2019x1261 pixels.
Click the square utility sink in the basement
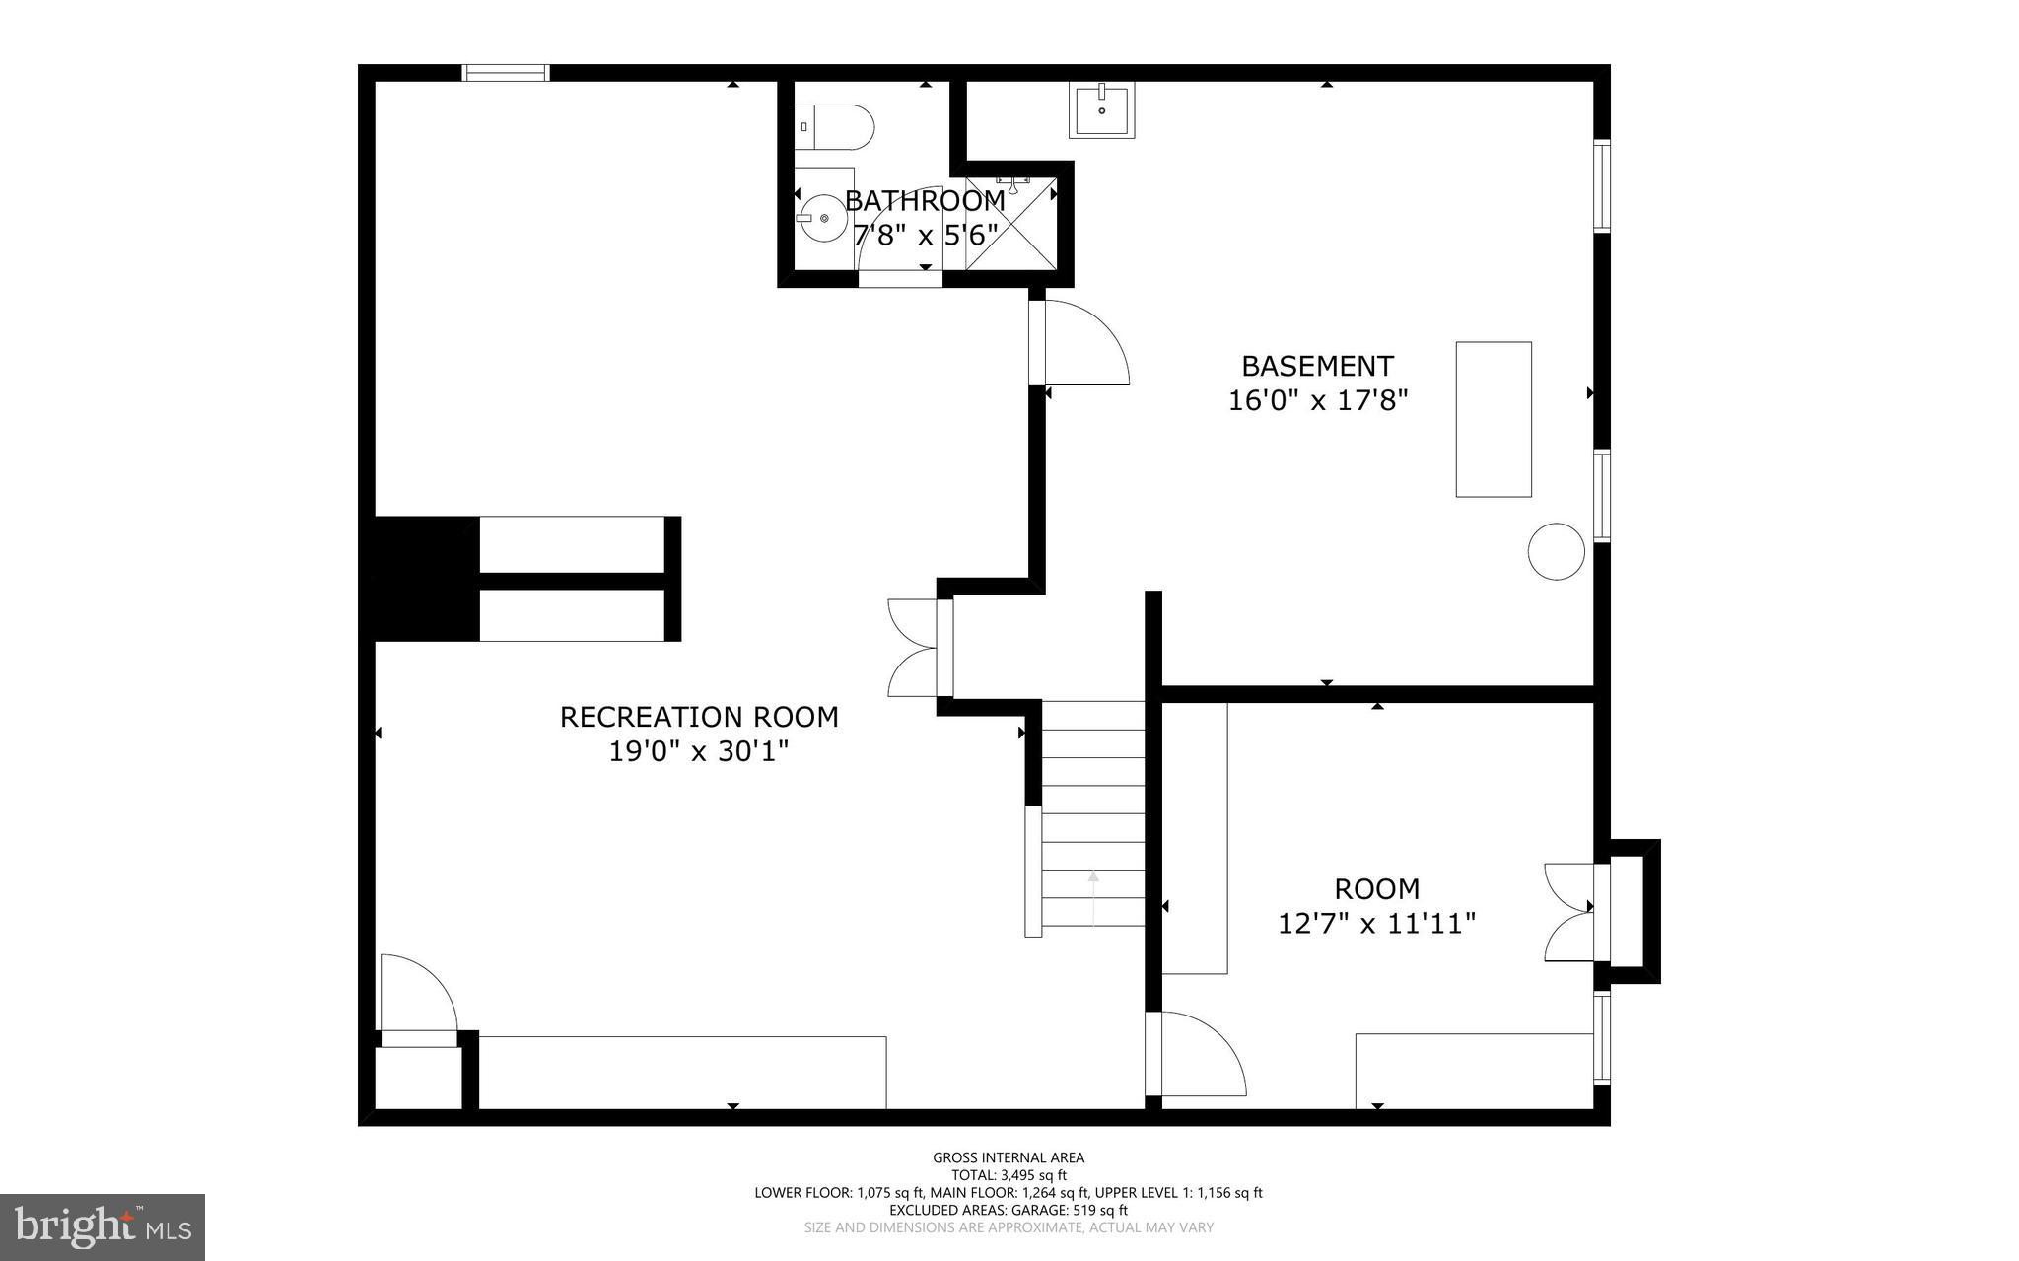1101,109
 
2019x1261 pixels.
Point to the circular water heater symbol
1556,551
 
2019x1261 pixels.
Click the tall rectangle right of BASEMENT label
1494,419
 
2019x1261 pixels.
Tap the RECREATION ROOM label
699,717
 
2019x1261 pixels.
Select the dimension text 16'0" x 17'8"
1317,400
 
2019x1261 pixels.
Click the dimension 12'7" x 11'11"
1376,924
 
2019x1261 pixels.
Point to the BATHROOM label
925,201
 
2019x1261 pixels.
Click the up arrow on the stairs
1093,892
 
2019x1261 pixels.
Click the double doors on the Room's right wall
1569,912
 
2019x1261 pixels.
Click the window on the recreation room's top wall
506,73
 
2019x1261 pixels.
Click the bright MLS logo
103,1226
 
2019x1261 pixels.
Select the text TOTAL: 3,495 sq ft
1009,1175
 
